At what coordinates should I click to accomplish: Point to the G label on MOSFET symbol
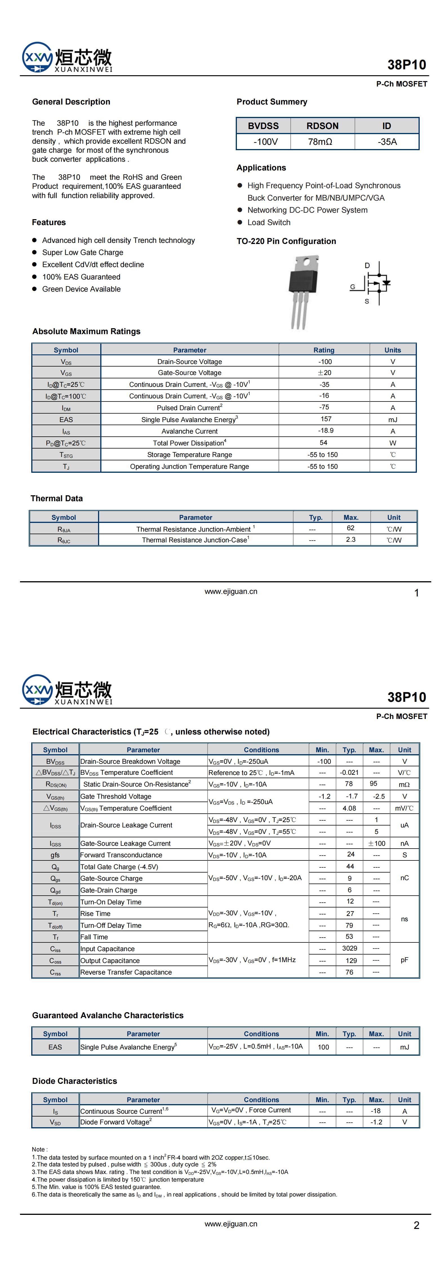(x=352, y=287)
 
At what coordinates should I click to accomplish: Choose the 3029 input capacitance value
(x=349, y=948)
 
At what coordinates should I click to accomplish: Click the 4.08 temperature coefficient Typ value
(x=349, y=808)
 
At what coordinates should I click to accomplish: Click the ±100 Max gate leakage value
(x=376, y=843)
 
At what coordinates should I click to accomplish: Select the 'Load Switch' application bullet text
(x=269, y=223)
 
